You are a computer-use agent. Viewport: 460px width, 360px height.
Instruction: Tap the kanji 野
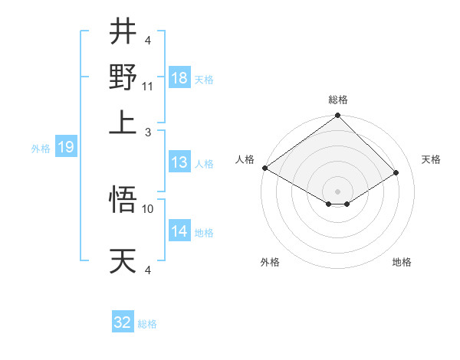click(x=123, y=77)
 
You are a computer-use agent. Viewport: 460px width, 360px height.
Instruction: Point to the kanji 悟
click(x=123, y=201)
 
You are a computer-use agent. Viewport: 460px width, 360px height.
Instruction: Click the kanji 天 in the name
click(x=123, y=260)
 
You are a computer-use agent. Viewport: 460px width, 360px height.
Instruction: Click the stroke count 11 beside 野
click(x=148, y=87)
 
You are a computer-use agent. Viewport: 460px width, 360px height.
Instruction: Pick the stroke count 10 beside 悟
click(x=148, y=208)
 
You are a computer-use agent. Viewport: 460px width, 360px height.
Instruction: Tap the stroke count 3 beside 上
click(x=149, y=132)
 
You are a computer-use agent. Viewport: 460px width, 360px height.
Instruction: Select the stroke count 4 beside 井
click(x=149, y=41)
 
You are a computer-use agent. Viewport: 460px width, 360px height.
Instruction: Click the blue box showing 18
click(x=179, y=78)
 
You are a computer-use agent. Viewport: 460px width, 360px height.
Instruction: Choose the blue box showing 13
click(x=179, y=162)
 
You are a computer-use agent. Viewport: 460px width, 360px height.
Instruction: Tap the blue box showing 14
click(x=179, y=231)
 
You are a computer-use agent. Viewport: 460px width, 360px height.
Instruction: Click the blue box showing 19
click(x=66, y=148)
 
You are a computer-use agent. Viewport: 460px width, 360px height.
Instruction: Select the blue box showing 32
click(x=123, y=322)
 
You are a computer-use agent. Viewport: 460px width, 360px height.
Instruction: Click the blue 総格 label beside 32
click(x=147, y=324)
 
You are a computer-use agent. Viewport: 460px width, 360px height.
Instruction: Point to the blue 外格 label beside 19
click(x=41, y=149)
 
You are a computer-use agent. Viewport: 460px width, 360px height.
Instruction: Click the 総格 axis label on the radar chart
click(x=338, y=100)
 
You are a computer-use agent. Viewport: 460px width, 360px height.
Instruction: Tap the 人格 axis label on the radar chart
click(x=245, y=159)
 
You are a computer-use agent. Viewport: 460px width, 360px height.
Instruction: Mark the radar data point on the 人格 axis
click(x=264, y=168)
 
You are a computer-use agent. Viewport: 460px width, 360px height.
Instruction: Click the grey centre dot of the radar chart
click(x=338, y=191)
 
